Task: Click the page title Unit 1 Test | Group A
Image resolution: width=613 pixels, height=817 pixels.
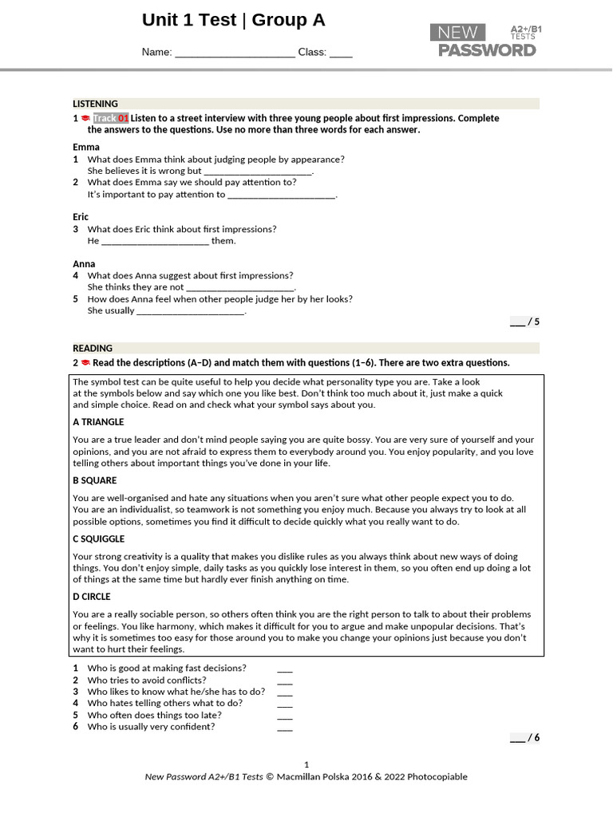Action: [233, 21]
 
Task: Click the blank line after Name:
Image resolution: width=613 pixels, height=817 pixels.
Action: [235, 53]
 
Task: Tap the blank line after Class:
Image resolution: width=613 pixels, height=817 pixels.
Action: [341, 53]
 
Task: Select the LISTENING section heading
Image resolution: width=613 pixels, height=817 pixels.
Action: [95, 104]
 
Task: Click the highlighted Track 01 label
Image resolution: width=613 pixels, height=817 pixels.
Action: [111, 118]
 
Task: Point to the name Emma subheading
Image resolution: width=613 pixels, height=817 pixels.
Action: [86, 147]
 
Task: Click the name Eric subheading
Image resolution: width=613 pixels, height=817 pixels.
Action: [81, 217]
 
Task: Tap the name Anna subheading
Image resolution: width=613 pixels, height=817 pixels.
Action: [84, 263]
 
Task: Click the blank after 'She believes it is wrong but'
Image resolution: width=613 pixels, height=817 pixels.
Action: [258, 172]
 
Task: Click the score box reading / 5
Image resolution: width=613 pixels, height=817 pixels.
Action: [525, 322]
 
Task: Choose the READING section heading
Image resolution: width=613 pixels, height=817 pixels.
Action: [93, 349]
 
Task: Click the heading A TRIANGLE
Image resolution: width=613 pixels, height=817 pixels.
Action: [98, 422]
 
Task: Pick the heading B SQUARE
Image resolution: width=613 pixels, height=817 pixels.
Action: [94, 480]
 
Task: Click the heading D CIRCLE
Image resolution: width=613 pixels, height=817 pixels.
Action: [92, 597]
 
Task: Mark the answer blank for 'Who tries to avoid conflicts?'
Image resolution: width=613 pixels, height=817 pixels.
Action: [285, 681]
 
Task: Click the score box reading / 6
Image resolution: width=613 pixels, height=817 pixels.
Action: [525, 738]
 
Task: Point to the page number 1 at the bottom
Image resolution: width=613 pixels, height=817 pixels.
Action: [306, 764]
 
